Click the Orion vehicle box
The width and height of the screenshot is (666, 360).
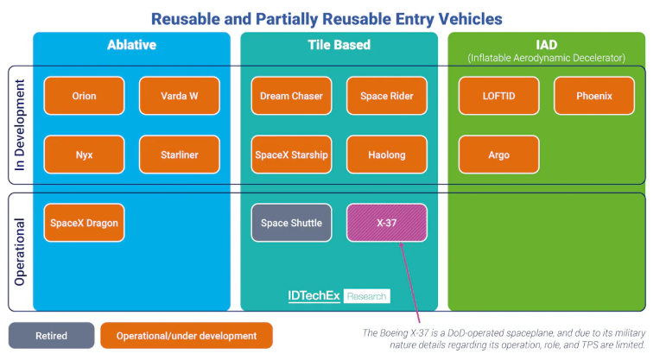click(84, 96)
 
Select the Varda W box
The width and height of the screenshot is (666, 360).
click(180, 96)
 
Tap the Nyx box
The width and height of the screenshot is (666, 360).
click(84, 155)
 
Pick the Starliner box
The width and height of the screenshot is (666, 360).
click(180, 155)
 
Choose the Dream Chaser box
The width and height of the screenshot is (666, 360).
click(291, 96)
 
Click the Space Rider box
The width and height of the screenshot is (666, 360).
click(386, 96)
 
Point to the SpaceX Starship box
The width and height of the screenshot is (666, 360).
click(291, 155)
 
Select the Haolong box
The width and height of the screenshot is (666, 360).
click(386, 155)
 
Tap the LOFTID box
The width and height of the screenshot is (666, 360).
click(498, 96)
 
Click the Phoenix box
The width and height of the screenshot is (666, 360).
click(593, 96)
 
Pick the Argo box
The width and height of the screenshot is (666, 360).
click(498, 155)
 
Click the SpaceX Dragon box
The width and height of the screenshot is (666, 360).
click(84, 223)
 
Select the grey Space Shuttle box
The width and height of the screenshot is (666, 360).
click(291, 223)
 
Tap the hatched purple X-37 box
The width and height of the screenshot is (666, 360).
click(386, 223)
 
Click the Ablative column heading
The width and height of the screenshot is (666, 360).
click(131, 45)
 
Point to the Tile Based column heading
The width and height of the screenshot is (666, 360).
click(339, 45)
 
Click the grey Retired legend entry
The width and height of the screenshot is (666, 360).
click(51, 335)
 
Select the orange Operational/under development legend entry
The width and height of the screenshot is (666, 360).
click(187, 335)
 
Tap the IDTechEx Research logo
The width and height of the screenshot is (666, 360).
click(339, 296)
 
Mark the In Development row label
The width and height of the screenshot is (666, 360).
click(20, 125)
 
